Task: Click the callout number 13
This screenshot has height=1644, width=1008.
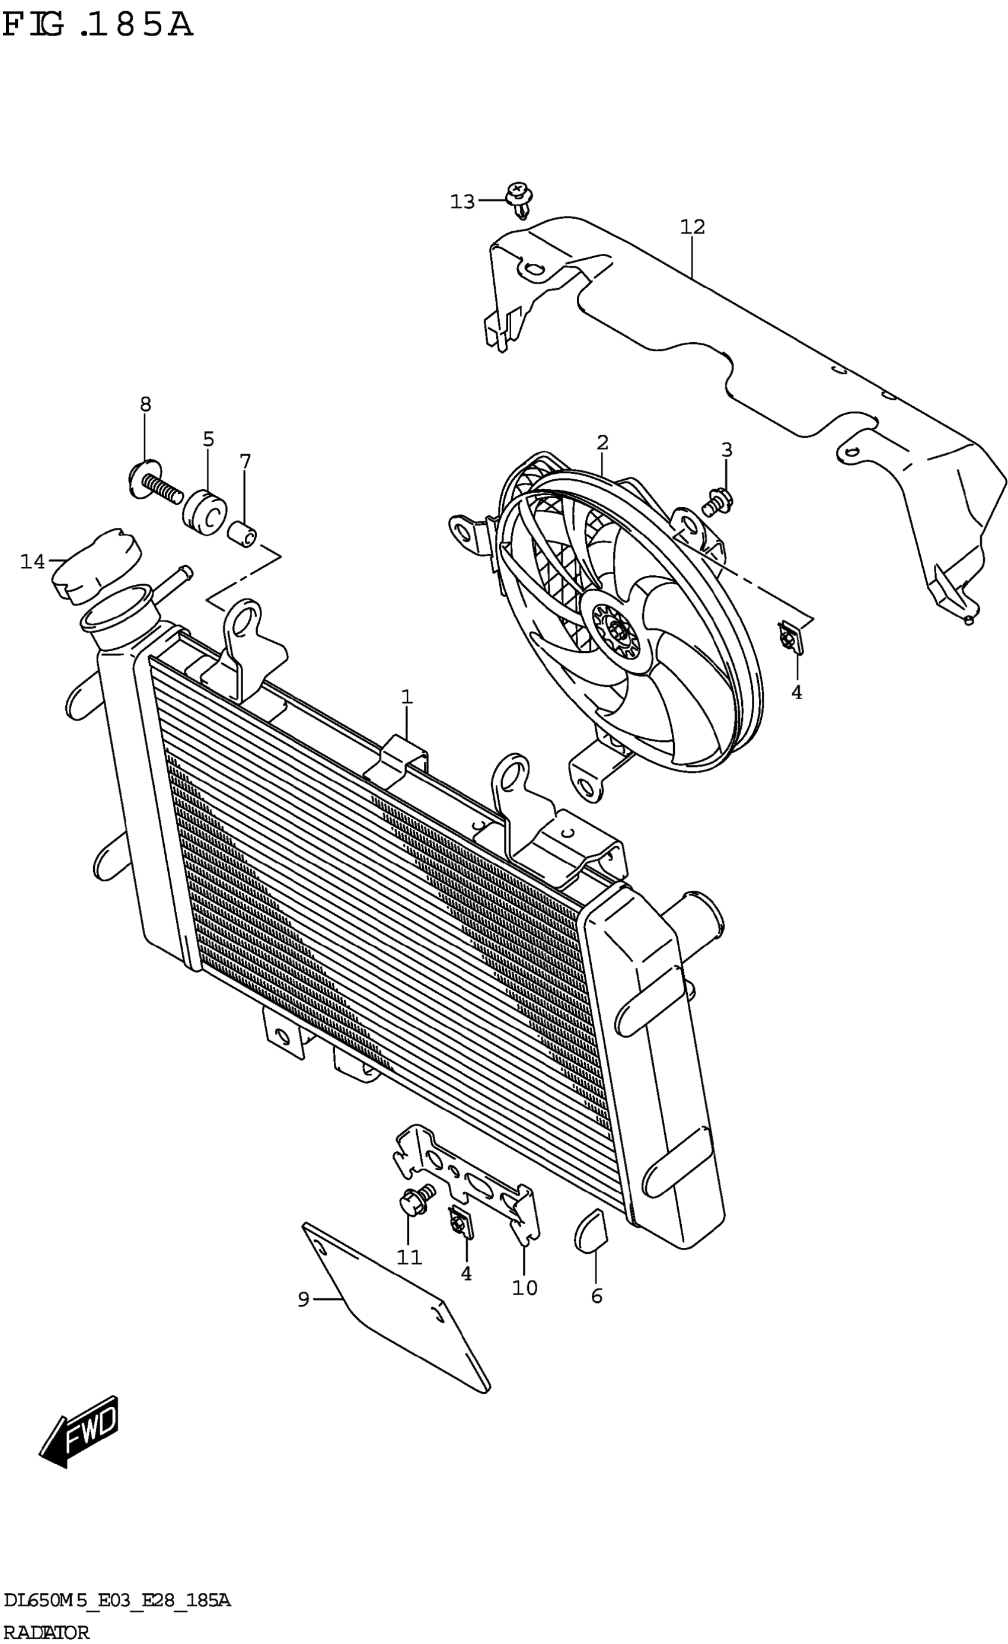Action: (x=462, y=201)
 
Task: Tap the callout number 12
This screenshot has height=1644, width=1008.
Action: (x=693, y=227)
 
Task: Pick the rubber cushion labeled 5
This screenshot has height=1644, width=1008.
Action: (x=205, y=512)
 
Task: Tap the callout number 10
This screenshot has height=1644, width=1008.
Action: (x=524, y=1288)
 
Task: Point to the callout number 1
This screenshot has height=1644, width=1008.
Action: (x=406, y=697)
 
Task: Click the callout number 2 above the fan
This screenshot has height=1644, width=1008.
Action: (x=602, y=442)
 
